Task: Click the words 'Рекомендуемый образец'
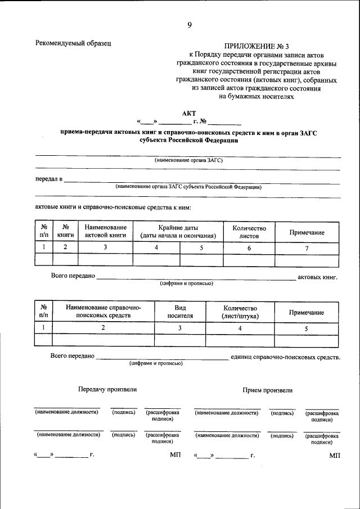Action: [x=73, y=43]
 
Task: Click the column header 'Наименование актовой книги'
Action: [x=105, y=231]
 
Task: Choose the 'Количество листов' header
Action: [x=249, y=232]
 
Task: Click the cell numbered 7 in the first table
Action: [x=307, y=248]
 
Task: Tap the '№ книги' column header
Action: [x=65, y=231]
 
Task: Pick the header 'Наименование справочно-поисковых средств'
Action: [x=103, y=312]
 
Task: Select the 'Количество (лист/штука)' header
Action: [x=240, y=312]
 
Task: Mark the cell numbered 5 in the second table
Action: [x=307, y=328]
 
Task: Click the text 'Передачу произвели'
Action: [x=107, y=389]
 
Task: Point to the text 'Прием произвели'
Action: [x=268, y=390]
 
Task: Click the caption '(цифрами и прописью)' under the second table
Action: [x=155, y=363]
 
